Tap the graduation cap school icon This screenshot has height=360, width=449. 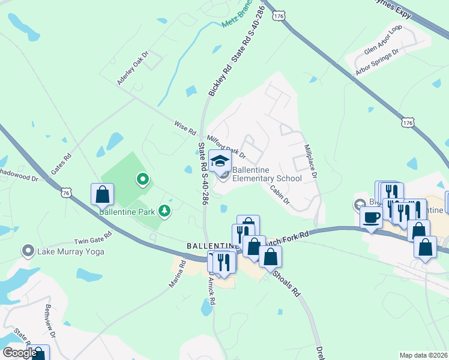pos(220,161)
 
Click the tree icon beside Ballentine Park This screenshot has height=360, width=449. pos(163,211)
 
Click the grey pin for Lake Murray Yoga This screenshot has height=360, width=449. pos(28,250)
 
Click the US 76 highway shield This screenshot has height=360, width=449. pos(65,192)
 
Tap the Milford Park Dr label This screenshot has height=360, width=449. pos(226,147)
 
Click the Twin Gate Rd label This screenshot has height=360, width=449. pos(92,238)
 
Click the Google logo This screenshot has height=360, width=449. pos(19,353)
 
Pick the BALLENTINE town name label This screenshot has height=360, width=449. pos(208,246)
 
